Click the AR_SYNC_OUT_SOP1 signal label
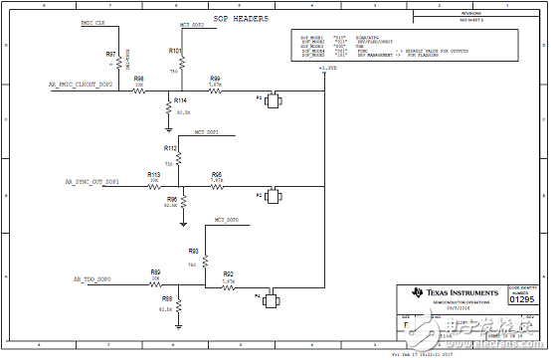[92, 182]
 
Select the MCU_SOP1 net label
[206, 131]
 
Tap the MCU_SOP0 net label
[226, 219]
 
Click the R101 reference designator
[175, 50]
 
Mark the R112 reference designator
[170, 147]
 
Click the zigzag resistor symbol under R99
[216, 91]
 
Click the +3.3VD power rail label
[327, 69]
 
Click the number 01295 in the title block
[522, 296]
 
